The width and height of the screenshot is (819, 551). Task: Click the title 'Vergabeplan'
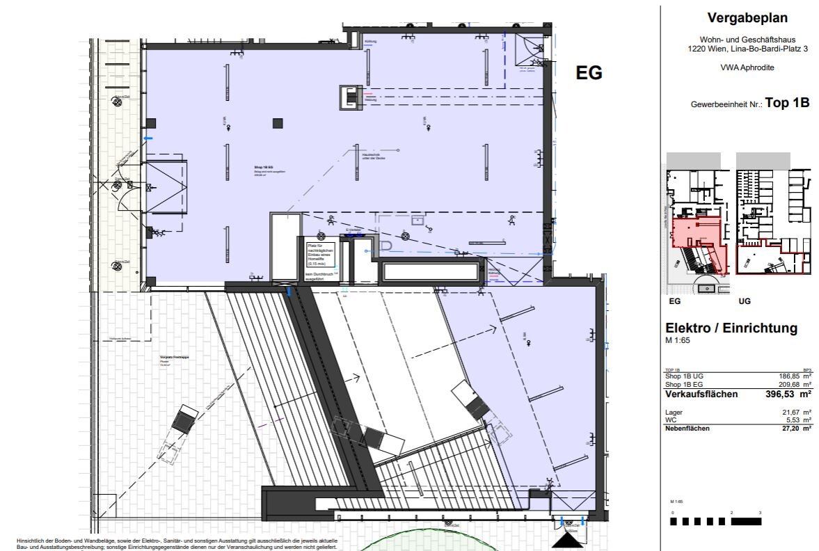click(738, 18)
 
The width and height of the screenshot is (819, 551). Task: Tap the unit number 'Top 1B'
click(787, 102)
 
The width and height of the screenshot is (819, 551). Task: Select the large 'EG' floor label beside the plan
click(589, 73)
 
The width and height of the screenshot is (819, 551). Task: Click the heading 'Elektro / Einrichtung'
click(731, 328)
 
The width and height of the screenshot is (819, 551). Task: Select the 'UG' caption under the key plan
click(745, 302)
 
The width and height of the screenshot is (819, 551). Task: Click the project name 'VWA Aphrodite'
click(738, 67)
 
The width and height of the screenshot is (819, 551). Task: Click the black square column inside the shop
click(278, 123)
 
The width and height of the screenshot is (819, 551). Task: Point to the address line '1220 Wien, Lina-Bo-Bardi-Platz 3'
click(738, 49)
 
